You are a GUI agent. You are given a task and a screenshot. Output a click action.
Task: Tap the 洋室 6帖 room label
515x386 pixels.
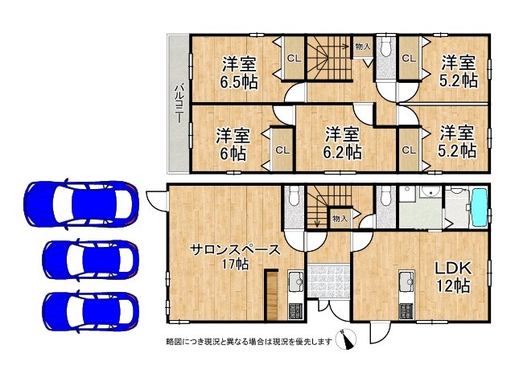coord(232,145)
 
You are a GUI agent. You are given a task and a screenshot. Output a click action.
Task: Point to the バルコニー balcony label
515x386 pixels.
coord(178,104)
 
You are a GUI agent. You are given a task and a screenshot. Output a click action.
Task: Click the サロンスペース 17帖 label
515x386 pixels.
coord(223,256)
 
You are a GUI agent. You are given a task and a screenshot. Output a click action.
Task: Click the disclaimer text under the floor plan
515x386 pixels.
coord(249,341)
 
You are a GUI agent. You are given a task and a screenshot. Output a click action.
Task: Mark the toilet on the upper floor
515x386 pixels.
coord(384,48)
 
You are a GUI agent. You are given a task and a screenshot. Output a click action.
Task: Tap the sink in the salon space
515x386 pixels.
coord(293,281)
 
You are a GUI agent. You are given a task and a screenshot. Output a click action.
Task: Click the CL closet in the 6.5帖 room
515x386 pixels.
coord(293,58)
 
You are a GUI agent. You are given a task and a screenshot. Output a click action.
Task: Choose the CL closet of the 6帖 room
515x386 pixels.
coord(282,149)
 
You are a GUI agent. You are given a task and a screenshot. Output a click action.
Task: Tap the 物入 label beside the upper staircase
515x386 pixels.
coord(363,47)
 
